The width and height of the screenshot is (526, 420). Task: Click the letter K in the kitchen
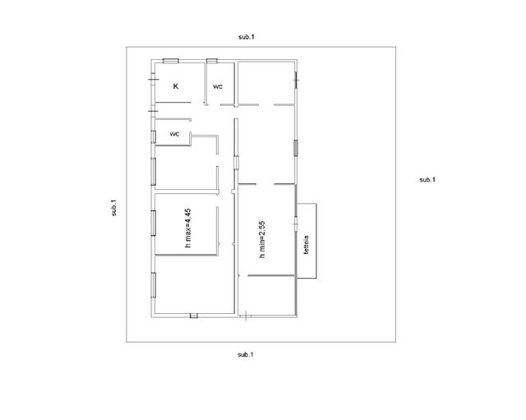pos(175,86)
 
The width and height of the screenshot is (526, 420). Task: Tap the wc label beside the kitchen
pos(218,86)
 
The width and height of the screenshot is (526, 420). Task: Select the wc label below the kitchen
pos(174,134)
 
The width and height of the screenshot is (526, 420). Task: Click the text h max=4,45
pos(188,228)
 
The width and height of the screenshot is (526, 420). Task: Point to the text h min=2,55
pos(262,239)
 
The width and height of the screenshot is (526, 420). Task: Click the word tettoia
pos(306,245)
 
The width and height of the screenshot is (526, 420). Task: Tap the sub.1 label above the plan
pos(247,37)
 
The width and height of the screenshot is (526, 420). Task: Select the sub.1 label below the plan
pos(246,354)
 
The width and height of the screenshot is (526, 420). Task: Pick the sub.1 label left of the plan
pos(114,208)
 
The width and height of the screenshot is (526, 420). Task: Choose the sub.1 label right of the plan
pos(427,180)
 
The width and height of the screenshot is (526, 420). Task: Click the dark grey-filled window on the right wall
pos(296,148)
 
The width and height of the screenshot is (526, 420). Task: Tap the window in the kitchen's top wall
pos(170,61)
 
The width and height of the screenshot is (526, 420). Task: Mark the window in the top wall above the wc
pos(212,61)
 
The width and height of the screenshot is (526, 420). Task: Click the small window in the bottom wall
pos(194,316)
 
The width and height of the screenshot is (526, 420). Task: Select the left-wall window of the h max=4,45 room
pos(154,223)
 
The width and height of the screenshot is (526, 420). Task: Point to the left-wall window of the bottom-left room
pos(154,285)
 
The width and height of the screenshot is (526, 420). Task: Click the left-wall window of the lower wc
pos(154,137)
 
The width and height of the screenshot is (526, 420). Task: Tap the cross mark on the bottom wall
pos(247,316)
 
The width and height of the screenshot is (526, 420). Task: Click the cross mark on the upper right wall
pos(296,81)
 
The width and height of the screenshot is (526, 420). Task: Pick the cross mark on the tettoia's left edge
pos(296,223)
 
